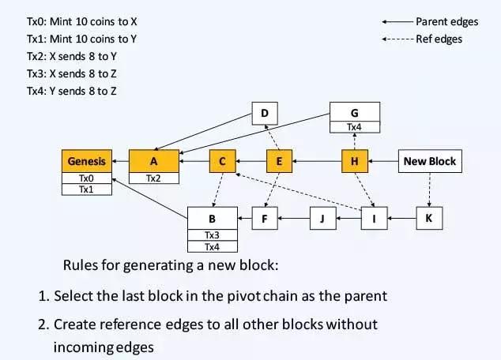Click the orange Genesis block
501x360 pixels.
pos(86,161)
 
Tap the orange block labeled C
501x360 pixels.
pos(223,161)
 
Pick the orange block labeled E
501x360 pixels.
pos(279,161)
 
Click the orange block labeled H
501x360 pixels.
pos(355,161)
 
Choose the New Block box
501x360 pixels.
pos(429,161)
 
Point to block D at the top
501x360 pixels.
pos(266,114)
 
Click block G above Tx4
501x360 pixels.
pos(355,113)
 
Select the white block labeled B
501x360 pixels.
pos(211,218)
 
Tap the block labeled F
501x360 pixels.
pos(266,218)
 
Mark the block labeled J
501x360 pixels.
pos(322,218)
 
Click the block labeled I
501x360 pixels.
pos(374,218)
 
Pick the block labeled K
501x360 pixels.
pos(428,218)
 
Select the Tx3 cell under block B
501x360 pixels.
pos(211,235)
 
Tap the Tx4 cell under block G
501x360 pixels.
pos(355,126)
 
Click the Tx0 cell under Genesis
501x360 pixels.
pos(86,178)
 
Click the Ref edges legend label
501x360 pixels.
pos(439,39)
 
